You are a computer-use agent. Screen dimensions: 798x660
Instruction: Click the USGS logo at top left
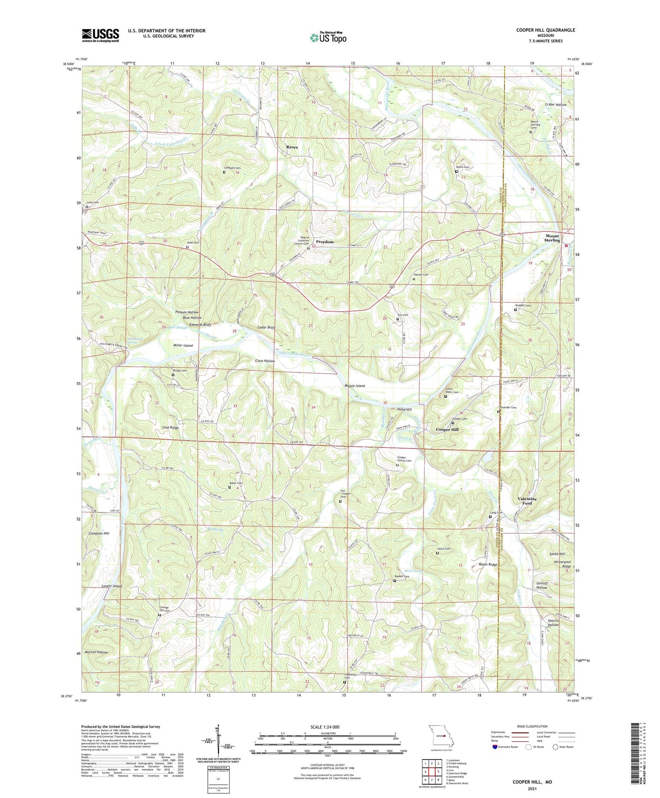click(100, 35)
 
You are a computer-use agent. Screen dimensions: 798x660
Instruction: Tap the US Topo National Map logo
click(327, 37)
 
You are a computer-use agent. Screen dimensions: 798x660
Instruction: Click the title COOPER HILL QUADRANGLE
click(545, 30)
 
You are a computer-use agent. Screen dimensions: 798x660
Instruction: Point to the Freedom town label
click(325, 242)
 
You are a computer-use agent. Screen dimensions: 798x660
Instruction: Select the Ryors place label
click(292, 147)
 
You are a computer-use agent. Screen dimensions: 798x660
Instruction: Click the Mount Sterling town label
click(552, 238)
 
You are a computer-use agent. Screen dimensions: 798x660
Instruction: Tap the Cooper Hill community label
click(447, 430)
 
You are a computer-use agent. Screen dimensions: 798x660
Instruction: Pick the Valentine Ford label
click(527, 501)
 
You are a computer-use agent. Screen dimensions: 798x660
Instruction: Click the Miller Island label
click(183, 346)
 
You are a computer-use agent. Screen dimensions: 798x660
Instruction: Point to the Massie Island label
click(354, 386)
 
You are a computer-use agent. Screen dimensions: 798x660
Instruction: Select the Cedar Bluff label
click(266, 328)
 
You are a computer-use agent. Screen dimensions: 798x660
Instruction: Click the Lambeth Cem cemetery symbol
click(224, 172)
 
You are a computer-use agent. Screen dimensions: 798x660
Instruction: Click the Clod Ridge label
click(170, 428)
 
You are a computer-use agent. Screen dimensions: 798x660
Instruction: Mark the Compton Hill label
click(99, 533)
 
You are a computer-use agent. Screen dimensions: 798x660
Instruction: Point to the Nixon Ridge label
click(488, 565)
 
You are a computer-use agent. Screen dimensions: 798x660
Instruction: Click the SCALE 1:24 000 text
click(325, 727)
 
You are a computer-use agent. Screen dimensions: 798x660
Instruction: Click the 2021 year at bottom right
click(532, 788)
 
